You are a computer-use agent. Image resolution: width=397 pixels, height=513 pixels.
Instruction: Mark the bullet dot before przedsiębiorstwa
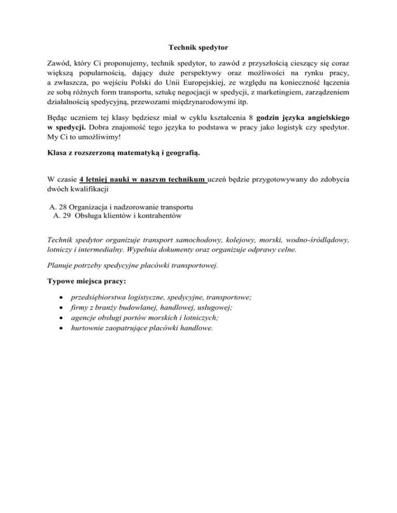pos(63,299)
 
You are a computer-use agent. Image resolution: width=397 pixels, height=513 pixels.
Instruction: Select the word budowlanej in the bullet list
pos(139,308)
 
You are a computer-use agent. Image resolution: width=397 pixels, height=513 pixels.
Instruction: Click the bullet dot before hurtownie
pos(63,327)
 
